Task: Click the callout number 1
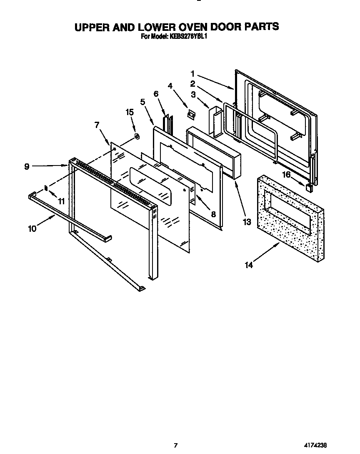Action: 193,74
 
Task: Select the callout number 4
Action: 170,86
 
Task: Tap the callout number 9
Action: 27,166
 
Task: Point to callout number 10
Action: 32,228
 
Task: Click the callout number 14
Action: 249,265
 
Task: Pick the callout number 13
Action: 247,222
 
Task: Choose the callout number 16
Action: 286,175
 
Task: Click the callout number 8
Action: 213,214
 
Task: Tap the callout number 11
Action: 61,201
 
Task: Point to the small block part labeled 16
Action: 309,187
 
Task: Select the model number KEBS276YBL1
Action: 188,36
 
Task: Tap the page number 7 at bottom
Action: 176,445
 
